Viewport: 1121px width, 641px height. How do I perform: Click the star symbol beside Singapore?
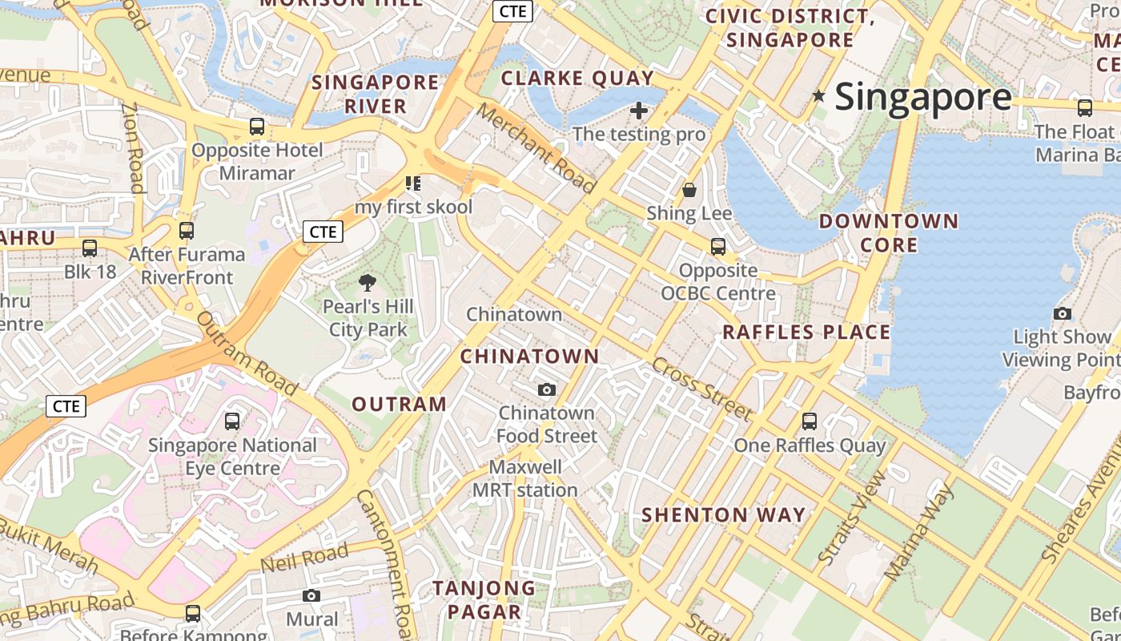coord(818,96)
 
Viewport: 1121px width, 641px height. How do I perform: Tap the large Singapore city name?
coord(923,97)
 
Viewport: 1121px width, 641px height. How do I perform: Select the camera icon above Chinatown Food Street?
coord(547,390)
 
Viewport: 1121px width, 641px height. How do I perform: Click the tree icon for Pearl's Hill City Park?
coord(368,282)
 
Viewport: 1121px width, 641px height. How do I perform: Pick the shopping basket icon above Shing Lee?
coord(689,190)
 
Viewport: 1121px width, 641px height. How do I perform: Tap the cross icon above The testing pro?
coord(639,111)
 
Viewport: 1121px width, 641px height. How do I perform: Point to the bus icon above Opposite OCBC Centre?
coord(718,247)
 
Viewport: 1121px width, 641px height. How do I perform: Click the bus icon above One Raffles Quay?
coord(810,421)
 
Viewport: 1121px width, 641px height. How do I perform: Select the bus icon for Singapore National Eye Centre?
coord(232,421)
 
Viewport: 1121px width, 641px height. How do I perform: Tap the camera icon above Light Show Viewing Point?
coord(1063,313)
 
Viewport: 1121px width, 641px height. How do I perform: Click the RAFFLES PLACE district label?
coord(806,333)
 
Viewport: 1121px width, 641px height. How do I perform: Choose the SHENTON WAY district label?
coord(724,515)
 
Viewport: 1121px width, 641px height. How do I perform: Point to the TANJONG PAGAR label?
coord(484,600)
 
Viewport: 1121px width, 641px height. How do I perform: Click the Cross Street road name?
coord(701,389)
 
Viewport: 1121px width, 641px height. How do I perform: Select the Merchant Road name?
coord(536,148)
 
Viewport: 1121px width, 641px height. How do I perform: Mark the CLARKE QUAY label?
coord(577,79)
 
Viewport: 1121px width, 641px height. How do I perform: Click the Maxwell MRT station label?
coord(525,478)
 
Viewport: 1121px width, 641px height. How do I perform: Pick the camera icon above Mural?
coord(311,595)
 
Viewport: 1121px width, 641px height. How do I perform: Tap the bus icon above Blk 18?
coord(90,248)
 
